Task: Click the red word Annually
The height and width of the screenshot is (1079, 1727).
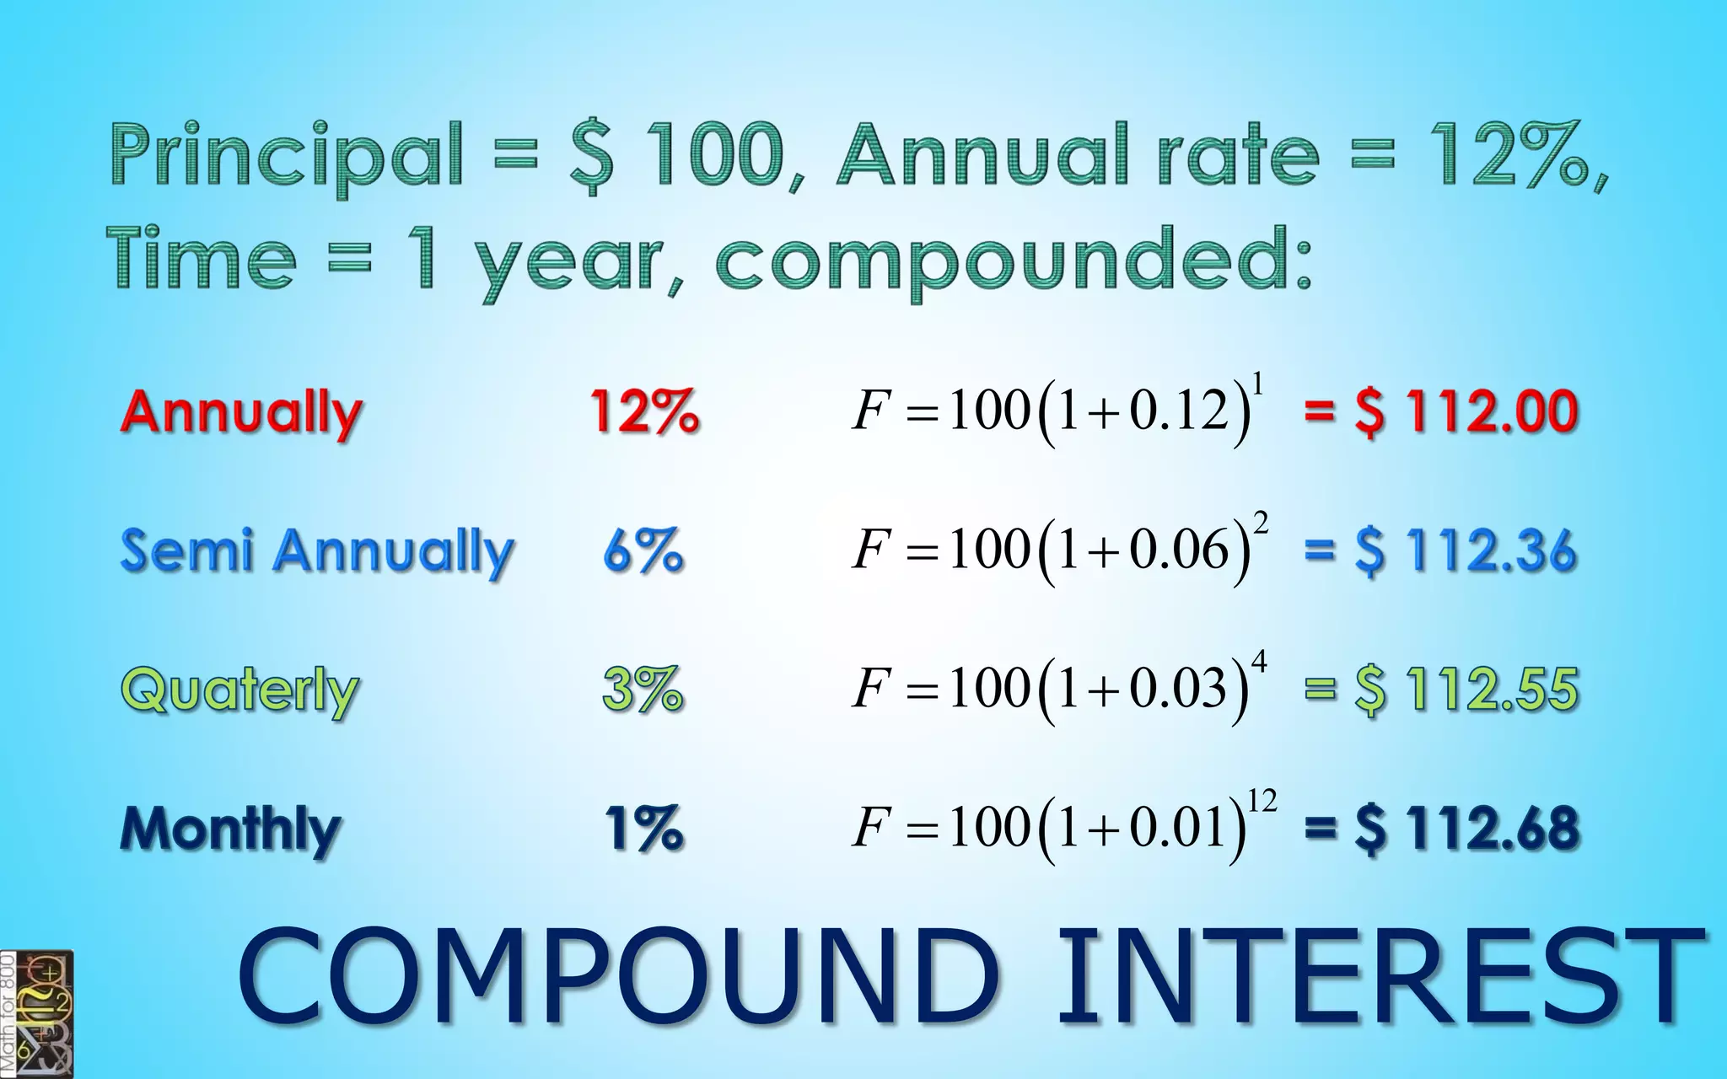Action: click(x=241, y=412)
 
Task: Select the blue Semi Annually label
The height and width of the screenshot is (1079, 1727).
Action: click(x=317, y=551)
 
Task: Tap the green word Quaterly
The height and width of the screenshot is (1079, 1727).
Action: click(x=239, y=690)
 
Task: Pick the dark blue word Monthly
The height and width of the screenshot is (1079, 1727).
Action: click(x=231, y=829)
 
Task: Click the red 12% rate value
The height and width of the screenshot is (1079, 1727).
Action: click(x=644, y=412)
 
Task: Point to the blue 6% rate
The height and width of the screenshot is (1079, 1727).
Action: click(x=643, y=551)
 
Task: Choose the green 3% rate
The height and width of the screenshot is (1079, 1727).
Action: click(x=643, y=690)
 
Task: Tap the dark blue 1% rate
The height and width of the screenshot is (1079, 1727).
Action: click(x=644, y=829)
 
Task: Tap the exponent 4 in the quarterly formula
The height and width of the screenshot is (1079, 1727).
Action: click(x=1259, y=663)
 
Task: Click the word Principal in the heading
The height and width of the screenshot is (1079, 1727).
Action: click(x=287, y=157)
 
